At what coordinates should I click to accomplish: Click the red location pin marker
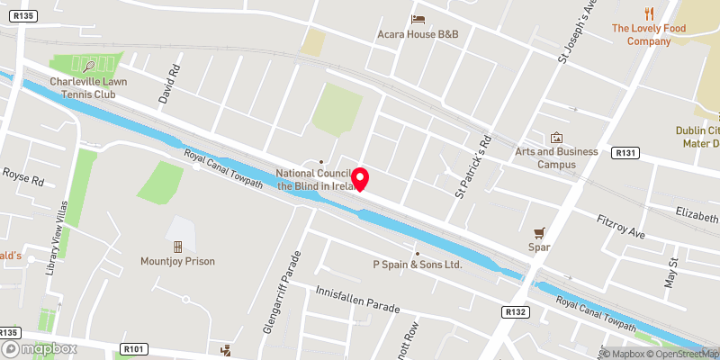[362, 179]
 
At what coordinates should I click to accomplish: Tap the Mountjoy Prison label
[176, 261]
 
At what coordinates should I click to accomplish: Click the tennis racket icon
[88, 65]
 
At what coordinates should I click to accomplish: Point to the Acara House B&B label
[418, 34]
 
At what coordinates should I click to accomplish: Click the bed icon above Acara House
[418, 19]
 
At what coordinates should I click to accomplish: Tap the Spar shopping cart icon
[539, 231]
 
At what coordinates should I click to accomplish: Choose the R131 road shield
[625, 154]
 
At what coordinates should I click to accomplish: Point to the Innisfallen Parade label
[357, 300]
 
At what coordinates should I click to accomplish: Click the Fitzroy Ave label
[622, 226]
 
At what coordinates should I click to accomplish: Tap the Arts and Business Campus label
[556, 157]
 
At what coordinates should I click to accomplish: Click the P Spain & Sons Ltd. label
[417, 265]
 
